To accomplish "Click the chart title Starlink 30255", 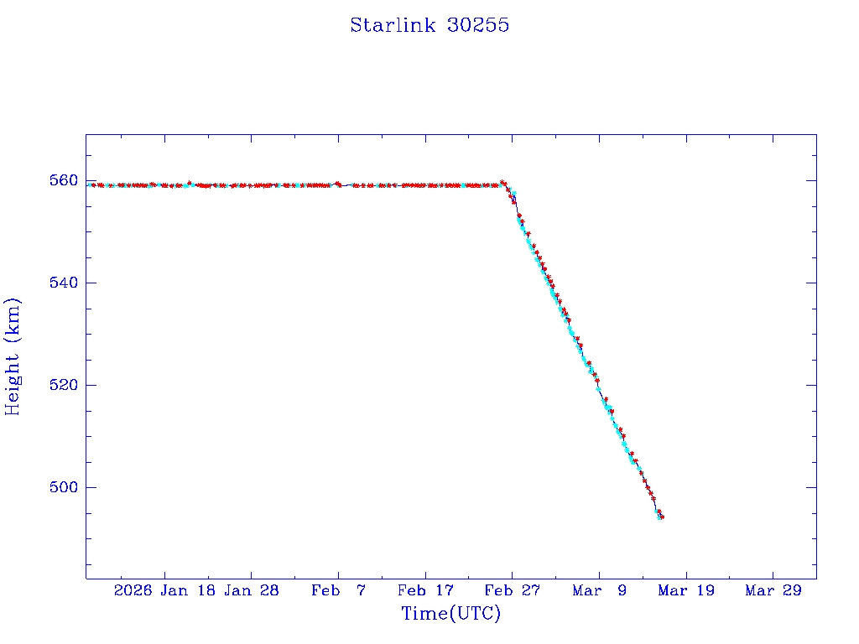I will (x=429, y=26).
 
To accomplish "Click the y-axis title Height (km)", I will (x=13, y=356).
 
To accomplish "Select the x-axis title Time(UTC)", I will (x=450, y=615).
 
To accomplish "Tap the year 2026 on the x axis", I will (x=134, y=591).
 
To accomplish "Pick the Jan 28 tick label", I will (x=251, y=591).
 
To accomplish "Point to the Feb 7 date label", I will (x=338, y=591).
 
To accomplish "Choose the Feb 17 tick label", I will (x=425, y=591).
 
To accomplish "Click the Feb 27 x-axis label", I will (x=512, y=591).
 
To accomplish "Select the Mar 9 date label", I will (x=599, y=591).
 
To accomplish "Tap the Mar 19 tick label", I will (x=686, y=591).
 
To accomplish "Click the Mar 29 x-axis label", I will (x=773, y=591).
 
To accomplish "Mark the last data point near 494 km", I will (x=662, y=517).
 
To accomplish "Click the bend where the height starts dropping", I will (x=504, y=184).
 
